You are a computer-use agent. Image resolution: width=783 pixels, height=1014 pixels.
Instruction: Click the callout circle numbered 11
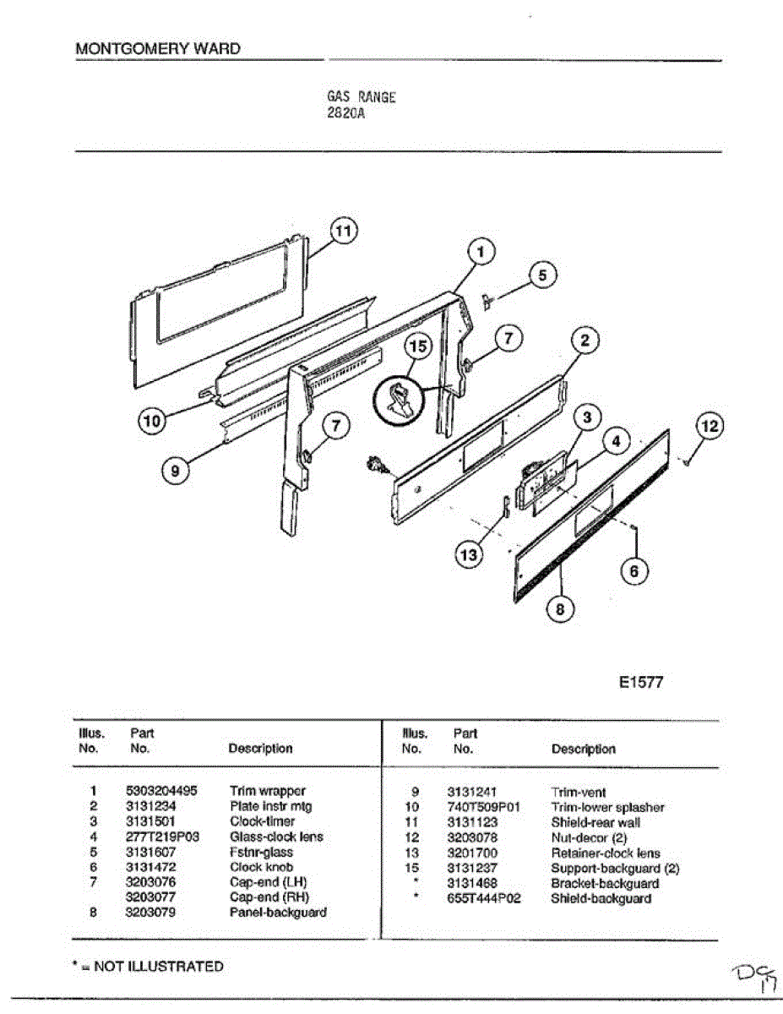point(342,231)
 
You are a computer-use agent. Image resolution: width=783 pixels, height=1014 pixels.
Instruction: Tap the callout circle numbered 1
point(480,251)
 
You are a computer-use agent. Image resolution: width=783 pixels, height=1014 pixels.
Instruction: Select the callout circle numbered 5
point(543,275)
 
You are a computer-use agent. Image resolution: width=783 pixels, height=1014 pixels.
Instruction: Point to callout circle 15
point(416,346)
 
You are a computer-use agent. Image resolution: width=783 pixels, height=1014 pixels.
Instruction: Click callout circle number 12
point(710,427)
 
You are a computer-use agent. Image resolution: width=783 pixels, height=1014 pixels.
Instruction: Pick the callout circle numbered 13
point(468,554)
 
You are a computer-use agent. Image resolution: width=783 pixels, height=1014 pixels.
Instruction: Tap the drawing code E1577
point(640,683)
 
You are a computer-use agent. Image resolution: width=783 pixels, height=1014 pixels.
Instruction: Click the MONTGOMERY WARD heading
point(158,49)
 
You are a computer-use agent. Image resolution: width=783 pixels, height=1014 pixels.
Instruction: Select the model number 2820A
point(345,112)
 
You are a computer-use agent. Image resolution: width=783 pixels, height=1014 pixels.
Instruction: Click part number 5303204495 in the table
point(161,791)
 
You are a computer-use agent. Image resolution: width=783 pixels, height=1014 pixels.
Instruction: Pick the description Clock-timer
point(262,821)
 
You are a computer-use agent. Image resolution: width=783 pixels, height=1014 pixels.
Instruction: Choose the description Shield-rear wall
point(595,822)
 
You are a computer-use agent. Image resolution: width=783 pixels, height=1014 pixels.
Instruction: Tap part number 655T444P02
point(484,898)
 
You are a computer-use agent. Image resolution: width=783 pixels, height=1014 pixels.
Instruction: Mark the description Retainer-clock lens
point(606,853)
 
